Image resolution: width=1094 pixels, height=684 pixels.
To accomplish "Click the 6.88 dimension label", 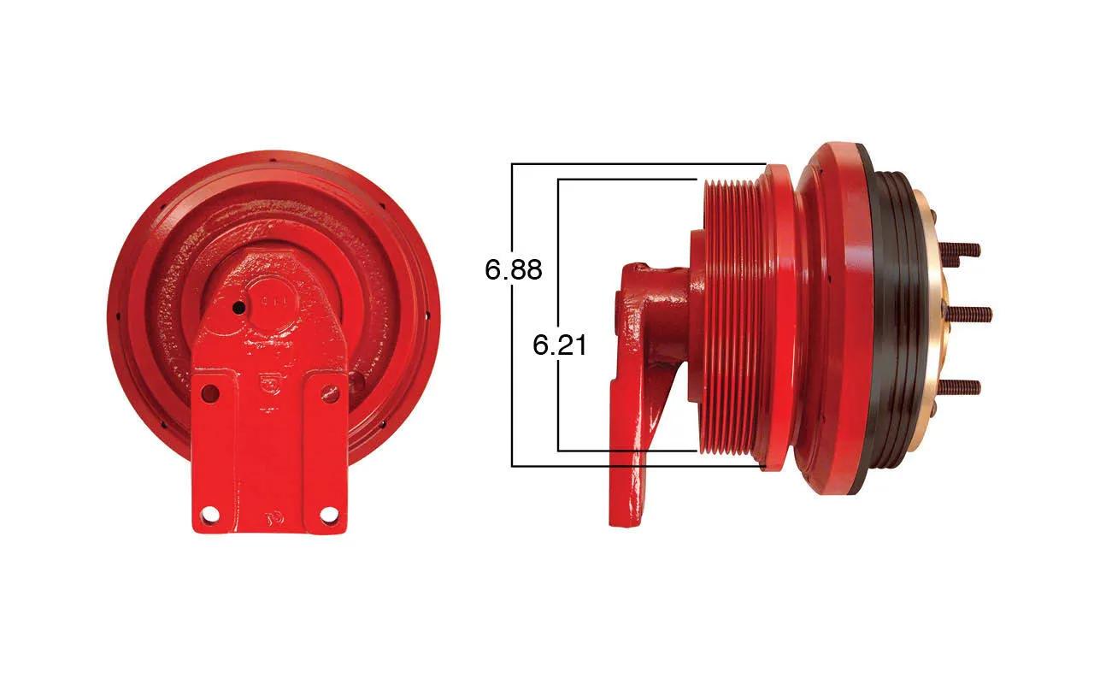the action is pyautogui.click(x=514, y=269).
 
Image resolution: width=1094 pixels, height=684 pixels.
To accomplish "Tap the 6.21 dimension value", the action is pyautogui.click(x=559, y=345).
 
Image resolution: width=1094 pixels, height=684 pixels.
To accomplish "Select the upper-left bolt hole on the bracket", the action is pyautogui.click(x=210, y=392).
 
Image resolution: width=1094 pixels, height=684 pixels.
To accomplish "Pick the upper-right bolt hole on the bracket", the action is pyautogui.click(x=331, y=392).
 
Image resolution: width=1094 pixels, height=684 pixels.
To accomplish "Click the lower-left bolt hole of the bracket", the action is pyautogui.click(x=210, y=515).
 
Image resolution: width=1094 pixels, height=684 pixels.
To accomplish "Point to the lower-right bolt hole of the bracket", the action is pyautogui.click(x=330, y=515).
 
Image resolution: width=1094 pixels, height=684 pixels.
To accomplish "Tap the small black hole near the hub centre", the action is pyautogui.click(x=238, y=308).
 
